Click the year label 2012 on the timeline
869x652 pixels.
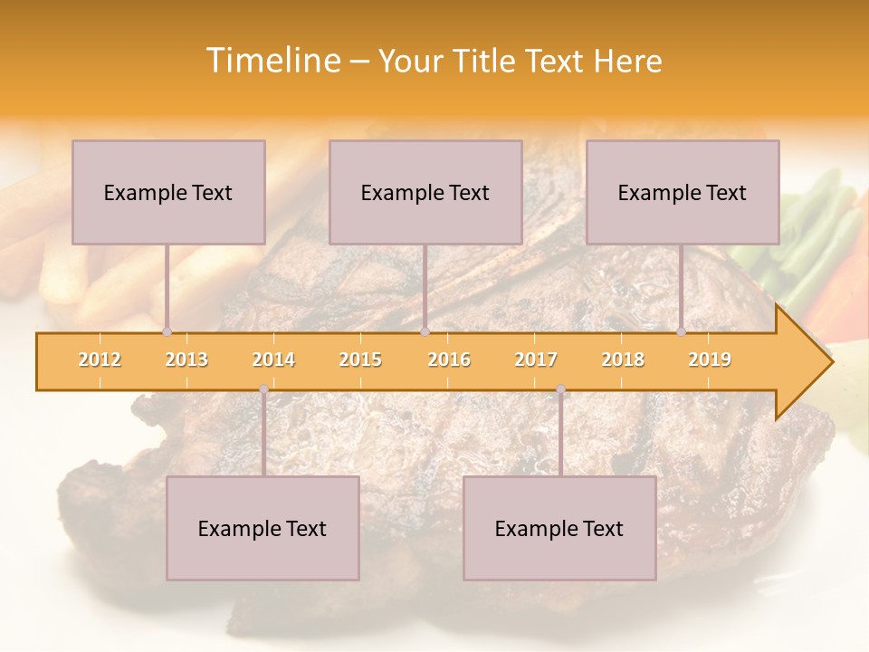pyautogui.click(x=100, y=360)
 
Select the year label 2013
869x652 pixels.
pyautogui.click(x=186, y=360)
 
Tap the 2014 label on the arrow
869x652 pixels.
pyautogui.click(x=273, y=360)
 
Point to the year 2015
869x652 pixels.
pyautogui.click(x=360, y=360)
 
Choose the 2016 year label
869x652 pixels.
pyautogui.click(x=449, y=360)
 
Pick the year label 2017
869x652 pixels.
pyautogui.click(x=536, y=360)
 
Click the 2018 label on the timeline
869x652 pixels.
pyautogui.click(x=623, y=360)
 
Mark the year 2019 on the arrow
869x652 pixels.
pyautogui.click(x=710, y=360)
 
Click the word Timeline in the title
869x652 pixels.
pyautogui.click(x=272, y=61)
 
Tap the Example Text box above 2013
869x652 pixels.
pyautogui.click(x=168, y=192)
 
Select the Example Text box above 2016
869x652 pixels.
pyautogui.click(x=425, y=192)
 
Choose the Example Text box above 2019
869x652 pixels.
pyautogui.click(x=683, y=192)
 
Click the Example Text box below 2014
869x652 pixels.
pyautogui.click(x=263, y=528)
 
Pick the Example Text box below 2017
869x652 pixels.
pyautogui.click(x=559, y=528)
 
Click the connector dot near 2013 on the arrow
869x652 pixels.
pyautogui.click(x=167, y=331)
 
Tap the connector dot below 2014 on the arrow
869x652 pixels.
pyautogui.click(x=263, y=389)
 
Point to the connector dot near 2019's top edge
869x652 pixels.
pyautogui.click(x=681, y=331)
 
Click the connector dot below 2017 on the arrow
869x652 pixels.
pyautogui.click(x=560, y=389)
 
